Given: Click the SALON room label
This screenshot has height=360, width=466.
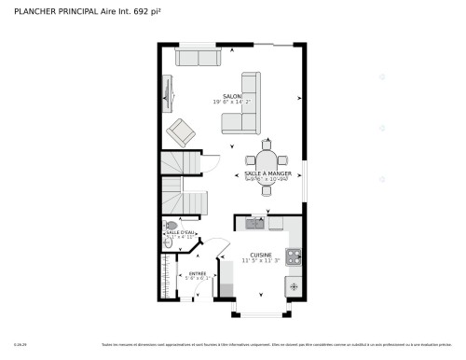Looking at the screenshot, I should [232, 95].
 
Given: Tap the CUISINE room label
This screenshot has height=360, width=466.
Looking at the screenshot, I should [260, 254].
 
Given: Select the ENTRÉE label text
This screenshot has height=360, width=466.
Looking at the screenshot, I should [198, 272].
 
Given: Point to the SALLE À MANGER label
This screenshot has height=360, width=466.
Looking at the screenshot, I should [267, 173].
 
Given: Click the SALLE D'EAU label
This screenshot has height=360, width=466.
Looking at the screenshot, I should [180, 231].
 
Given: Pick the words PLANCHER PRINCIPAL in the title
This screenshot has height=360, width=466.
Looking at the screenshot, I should [55, 12].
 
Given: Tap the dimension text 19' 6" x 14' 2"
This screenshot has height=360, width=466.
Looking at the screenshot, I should [232, 103].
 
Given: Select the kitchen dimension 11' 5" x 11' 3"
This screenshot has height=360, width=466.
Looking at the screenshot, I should [260, 261].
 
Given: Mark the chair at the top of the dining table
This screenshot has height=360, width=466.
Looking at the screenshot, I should [267, 145].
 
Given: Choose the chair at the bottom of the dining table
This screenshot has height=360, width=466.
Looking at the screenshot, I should [267, 190].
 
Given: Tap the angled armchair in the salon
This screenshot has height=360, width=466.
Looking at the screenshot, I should [181, 132].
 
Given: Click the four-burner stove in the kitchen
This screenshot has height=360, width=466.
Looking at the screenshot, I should [294, 256].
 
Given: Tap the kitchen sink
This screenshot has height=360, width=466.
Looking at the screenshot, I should [254, 224].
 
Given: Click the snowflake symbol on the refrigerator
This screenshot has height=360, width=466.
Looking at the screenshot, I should [294, 285].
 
